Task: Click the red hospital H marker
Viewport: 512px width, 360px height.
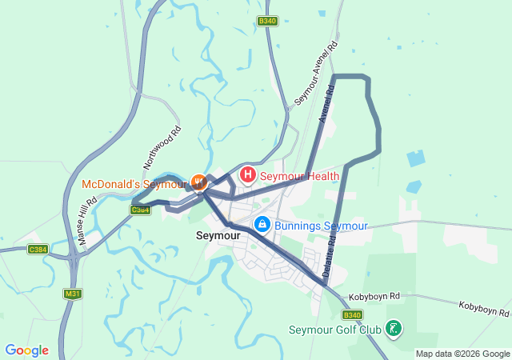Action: pos(248,174)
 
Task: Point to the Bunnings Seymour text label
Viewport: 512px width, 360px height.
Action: pos(321,226)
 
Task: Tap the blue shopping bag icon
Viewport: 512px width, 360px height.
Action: pos(262,225)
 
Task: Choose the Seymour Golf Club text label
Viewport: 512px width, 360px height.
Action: pos(335,330)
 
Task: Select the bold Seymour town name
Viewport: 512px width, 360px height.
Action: pos(218,237)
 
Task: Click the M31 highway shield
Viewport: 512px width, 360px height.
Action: pos(73,294)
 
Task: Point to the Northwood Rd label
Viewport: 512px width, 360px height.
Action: pos(162,146)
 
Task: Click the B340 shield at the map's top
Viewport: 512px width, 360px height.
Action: pos(267,22)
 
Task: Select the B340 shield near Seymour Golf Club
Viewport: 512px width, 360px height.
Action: pos(352,315)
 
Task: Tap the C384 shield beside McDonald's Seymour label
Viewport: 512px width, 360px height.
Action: pos(141,210)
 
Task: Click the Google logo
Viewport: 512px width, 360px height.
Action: pos(27,350)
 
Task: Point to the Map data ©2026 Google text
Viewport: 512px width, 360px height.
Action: pos(463,354)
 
